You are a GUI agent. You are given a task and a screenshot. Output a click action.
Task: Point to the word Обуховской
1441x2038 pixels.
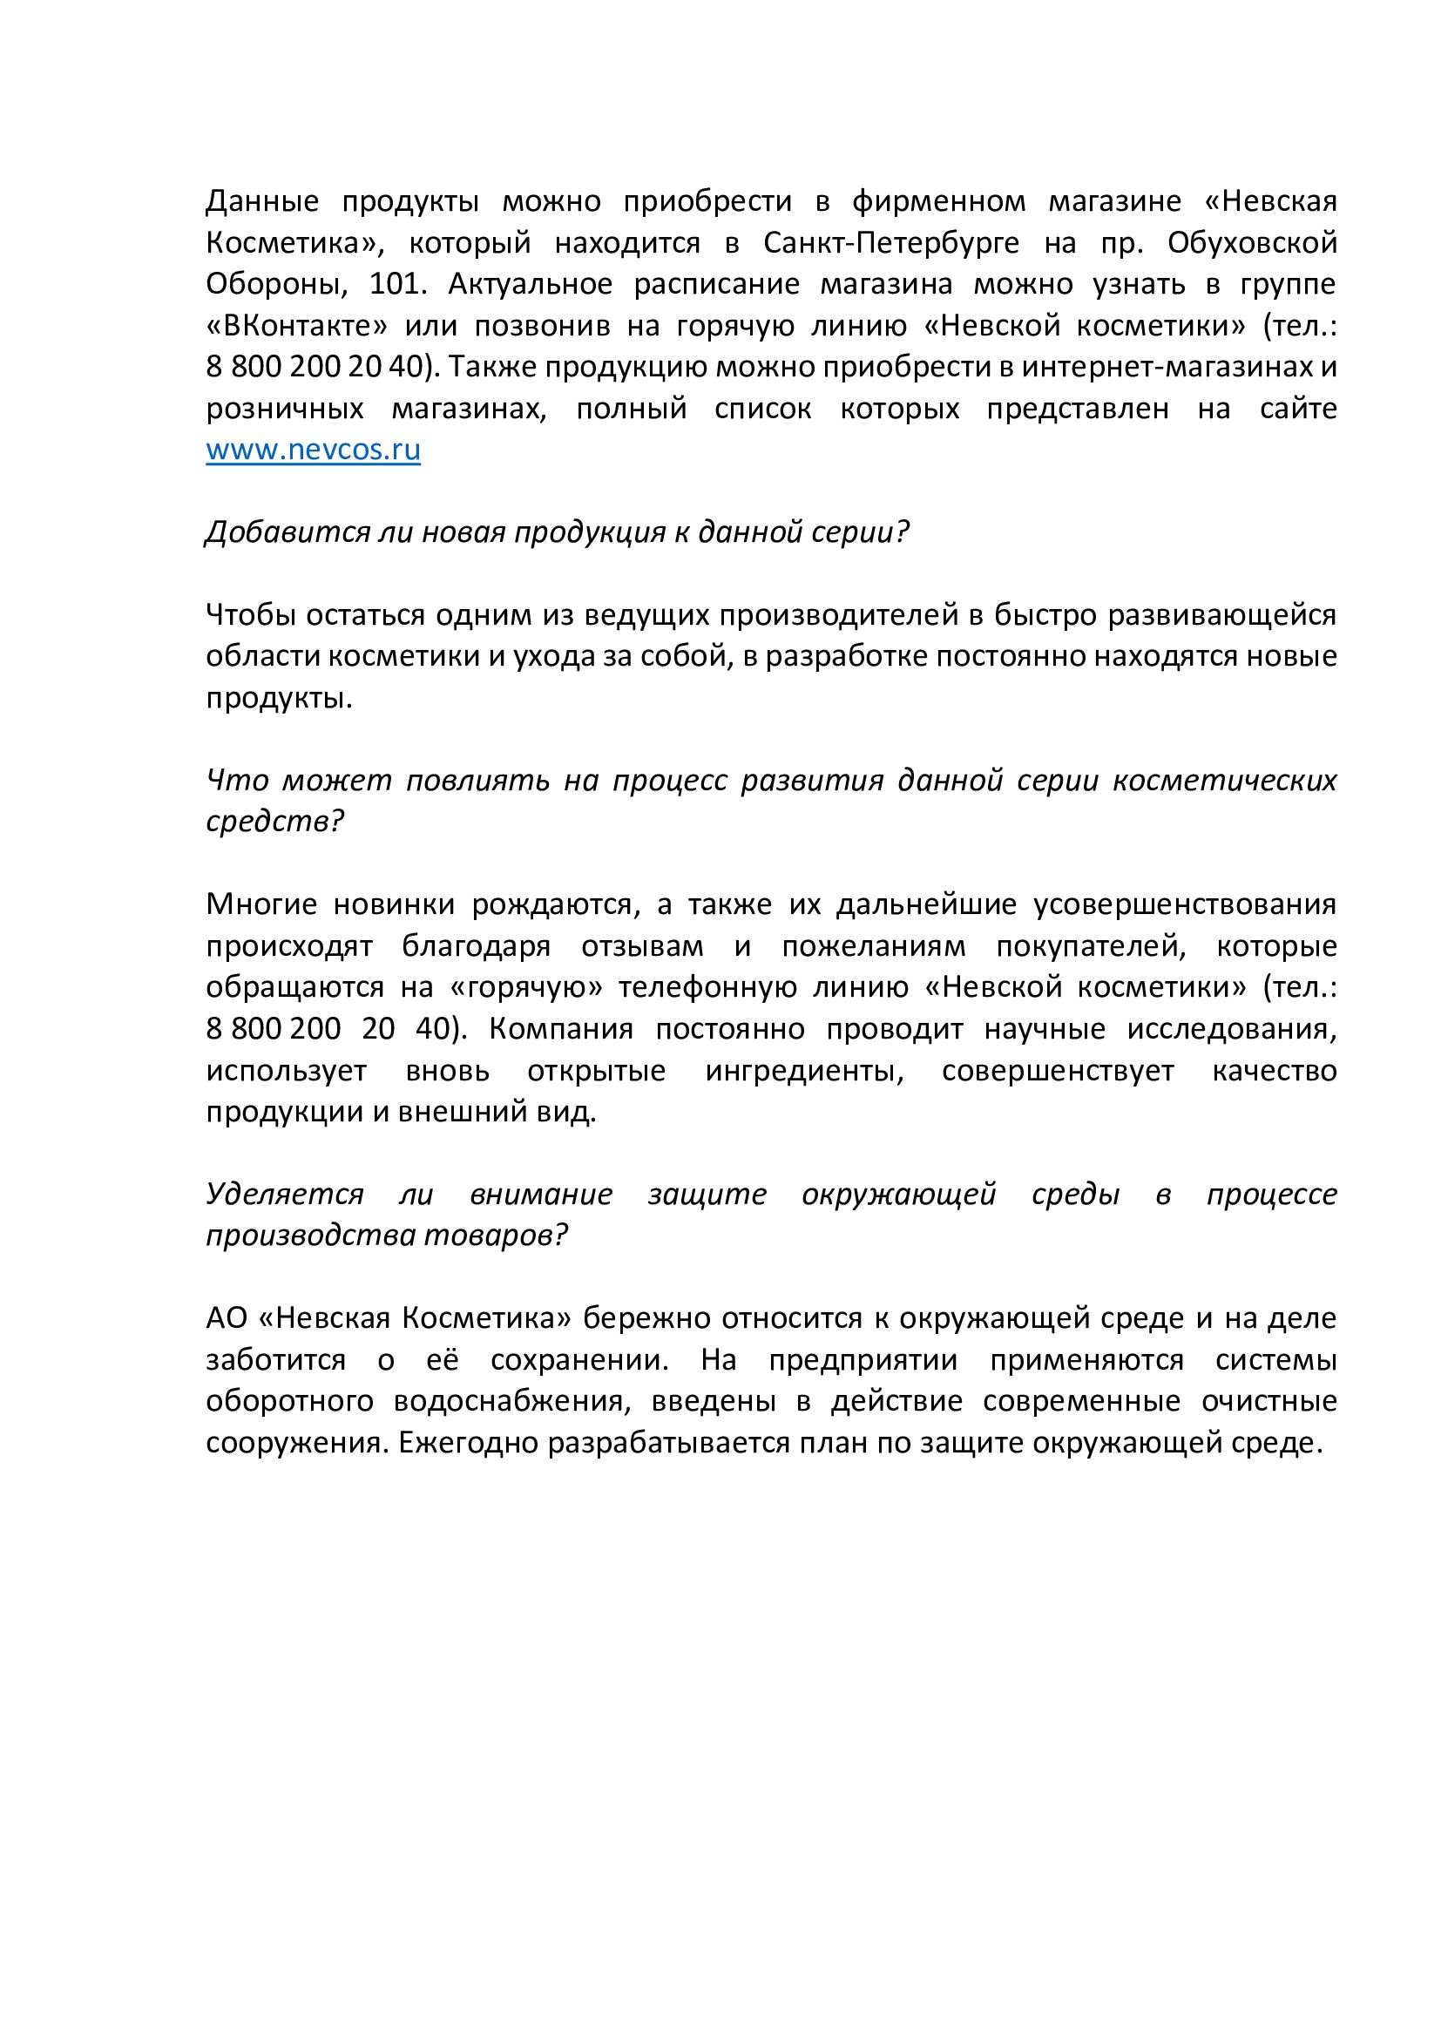point(1251,243)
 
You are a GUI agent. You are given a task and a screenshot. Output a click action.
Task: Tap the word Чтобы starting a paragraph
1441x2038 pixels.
point(251,615)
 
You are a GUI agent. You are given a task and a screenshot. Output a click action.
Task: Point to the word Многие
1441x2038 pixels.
point(260,905)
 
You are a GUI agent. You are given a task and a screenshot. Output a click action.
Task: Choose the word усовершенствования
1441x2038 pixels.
point(1185,905)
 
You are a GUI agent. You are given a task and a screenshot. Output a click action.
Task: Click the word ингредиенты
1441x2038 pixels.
point(804,1072)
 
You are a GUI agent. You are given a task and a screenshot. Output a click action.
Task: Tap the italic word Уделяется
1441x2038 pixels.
point(285,1195)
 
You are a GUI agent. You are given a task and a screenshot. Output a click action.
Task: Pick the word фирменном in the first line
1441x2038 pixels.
point(938,202)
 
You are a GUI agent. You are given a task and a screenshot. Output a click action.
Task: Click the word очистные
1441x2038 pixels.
point(1268,1403)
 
